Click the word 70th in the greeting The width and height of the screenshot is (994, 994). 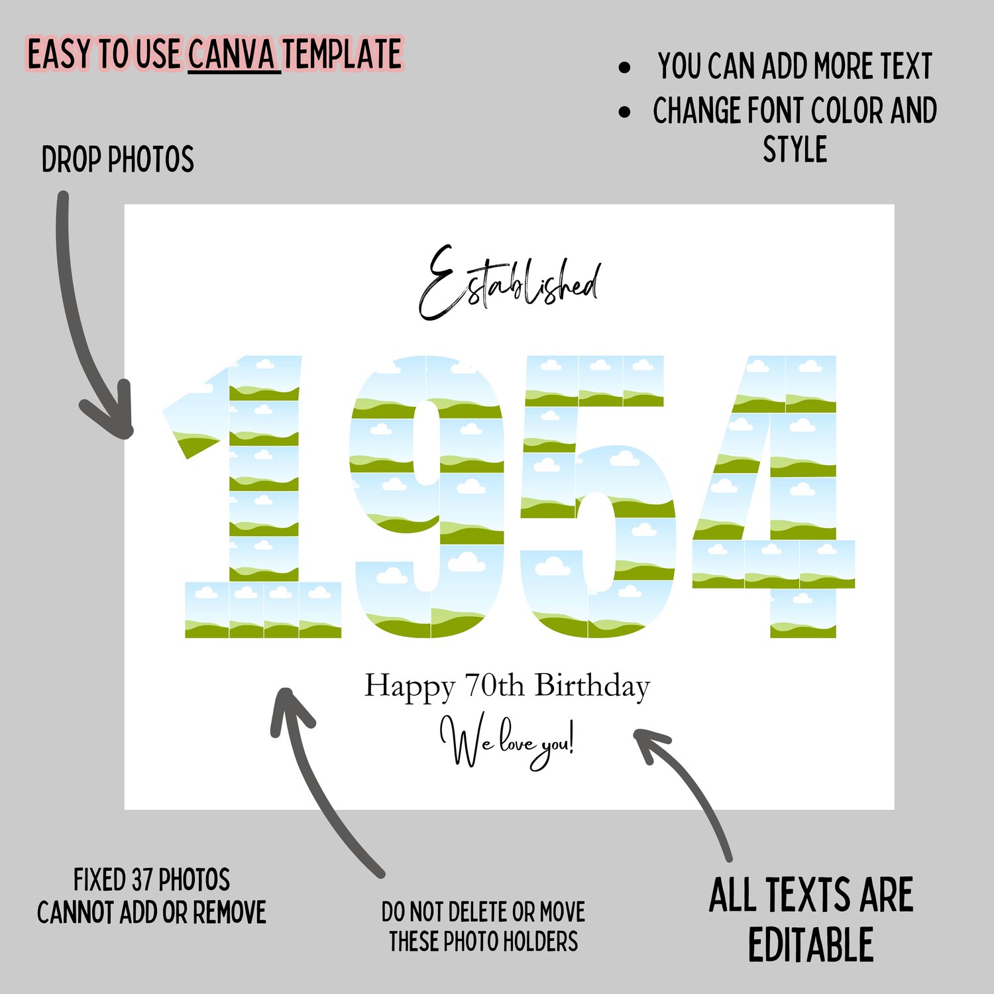pyautogui.click(x=494, y=686)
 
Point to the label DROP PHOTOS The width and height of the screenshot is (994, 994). pyautogui.click(x=117, y=160)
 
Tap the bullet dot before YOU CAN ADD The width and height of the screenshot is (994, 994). pyautogui.click(x=624, y=67)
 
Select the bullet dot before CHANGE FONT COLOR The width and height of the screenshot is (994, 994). pyautogui.click(x=624, y=111)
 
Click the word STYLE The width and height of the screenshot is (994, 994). pyautogui.click(x=795, y=149)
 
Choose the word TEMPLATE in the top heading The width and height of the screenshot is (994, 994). pyautogui.click(x=343, y=54)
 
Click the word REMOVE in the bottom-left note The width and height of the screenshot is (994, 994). pyautogui.click(x=229, y=912)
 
